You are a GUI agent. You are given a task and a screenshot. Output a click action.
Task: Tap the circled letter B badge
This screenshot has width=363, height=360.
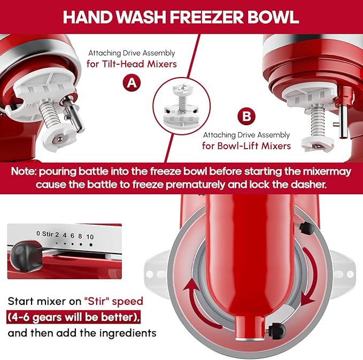247,117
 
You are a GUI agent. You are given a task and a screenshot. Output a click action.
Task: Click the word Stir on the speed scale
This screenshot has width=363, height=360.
48,233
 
